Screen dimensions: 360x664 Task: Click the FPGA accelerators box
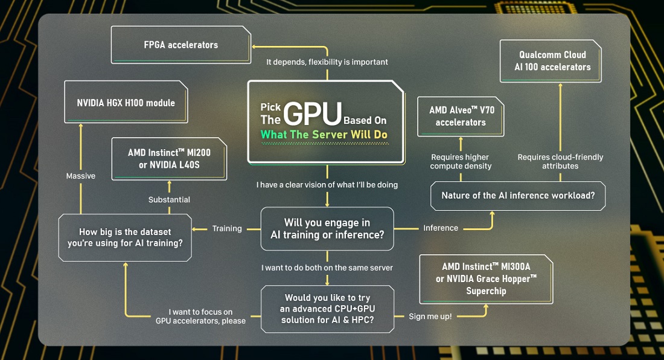pos(181,45)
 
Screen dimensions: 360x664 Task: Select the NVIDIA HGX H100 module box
pos(126,103)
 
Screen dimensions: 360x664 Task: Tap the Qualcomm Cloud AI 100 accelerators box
pos(552,61)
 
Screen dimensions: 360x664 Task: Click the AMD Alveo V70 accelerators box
pos(461,117)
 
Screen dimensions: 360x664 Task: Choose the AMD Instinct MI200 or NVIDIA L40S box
pos(169,158)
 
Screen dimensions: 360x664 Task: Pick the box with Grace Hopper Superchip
pos(486,278)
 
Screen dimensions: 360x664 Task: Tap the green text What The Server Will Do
pos(324,135)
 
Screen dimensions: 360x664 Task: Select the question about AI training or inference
pos(327,228)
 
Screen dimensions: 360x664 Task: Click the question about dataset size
pos(125,237)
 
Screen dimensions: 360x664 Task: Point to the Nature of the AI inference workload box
pos(517,196)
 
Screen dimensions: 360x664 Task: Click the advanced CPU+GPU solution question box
pos(327,309)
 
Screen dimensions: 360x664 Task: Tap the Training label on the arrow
pos(227,228)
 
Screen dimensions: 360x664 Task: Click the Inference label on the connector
pos(440,228)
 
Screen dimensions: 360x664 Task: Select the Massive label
pos(80,176)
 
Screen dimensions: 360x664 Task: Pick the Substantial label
pos(169,199)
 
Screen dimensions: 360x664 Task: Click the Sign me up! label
pos(430,316)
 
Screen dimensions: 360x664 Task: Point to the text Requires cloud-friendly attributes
pos(560,161)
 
